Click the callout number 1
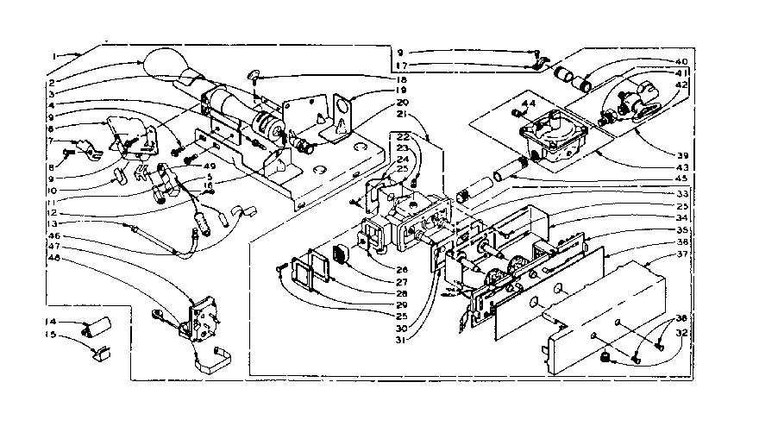(54, 56)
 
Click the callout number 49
(209, 166)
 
